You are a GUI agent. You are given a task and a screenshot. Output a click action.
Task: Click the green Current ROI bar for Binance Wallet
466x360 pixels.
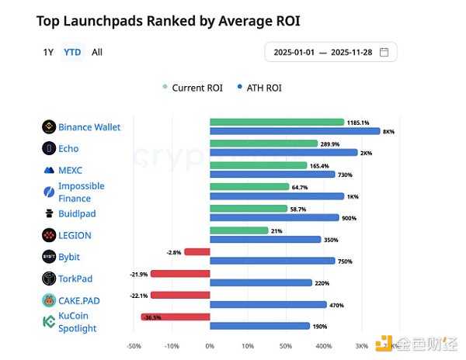(276, 122)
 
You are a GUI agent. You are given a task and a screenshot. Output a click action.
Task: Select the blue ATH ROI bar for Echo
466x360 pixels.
(283, 153)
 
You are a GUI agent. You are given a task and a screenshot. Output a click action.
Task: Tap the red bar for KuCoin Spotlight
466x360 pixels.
(176, 317)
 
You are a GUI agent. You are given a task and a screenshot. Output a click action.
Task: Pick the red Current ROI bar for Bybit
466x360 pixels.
(196, 251)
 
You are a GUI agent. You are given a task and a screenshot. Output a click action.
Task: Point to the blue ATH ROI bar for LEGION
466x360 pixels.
(265, 240)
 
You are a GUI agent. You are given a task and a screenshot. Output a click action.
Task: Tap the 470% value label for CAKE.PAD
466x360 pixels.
(336, 305)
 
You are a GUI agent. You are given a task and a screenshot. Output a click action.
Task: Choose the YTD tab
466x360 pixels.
(71, 52)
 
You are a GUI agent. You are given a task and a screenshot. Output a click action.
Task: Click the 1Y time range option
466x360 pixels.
(48, 52)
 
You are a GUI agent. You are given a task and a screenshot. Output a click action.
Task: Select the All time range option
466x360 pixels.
(97, 52)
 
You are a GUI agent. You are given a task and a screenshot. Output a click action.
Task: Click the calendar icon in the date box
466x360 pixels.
(384, 52)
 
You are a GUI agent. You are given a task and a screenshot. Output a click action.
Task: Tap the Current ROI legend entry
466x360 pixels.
(193, 88)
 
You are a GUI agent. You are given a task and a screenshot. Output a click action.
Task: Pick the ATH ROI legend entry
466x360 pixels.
(260, 88)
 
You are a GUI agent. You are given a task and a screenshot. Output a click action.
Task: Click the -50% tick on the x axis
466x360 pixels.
(134, 346)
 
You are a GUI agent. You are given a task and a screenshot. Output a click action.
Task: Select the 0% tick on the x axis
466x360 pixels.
(210, 346)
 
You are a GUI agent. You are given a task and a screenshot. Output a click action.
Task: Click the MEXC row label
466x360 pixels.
(70, 170)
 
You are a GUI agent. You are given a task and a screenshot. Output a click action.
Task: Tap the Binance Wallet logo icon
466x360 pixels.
(48, 126)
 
